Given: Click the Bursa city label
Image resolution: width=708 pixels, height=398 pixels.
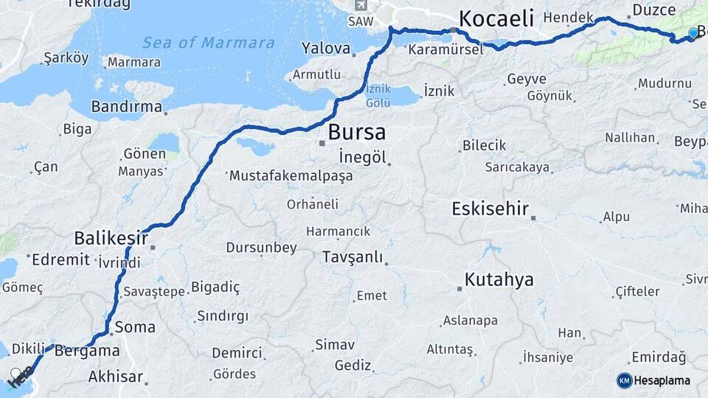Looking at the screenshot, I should [356, 133].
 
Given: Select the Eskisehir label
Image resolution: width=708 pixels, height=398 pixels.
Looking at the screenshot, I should [490, 209].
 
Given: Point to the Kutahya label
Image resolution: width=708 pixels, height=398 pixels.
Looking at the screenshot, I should [499, 280].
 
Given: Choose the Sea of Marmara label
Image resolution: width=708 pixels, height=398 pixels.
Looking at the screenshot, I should [209, 43].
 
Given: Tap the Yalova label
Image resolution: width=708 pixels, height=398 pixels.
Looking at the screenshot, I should [325, 49].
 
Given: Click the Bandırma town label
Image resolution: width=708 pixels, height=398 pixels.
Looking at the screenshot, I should [126, 107].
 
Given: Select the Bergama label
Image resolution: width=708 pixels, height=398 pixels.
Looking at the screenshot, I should [87, 351].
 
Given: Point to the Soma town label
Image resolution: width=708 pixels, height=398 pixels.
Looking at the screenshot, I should [135, 326].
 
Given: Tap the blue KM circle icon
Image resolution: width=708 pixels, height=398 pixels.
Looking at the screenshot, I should [624, 380].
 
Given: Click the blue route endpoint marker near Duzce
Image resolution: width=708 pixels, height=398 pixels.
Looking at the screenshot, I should [693, 33].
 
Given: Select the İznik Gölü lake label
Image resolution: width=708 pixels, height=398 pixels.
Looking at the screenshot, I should [378, 97].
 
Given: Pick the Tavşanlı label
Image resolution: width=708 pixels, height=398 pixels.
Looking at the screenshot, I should [353, 257].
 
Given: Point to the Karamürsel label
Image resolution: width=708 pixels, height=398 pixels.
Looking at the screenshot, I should [445, 49].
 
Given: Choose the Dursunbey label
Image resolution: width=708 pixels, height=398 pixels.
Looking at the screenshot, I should [261, 248].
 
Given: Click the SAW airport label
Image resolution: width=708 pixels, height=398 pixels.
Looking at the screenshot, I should [360, 21].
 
